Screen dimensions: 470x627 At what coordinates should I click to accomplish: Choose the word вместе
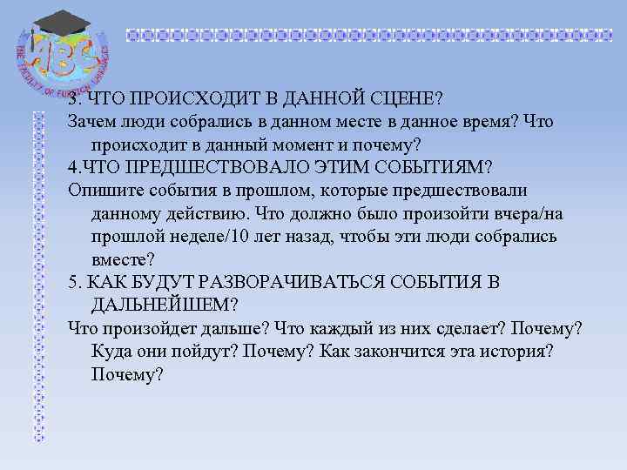pos(119,258)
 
